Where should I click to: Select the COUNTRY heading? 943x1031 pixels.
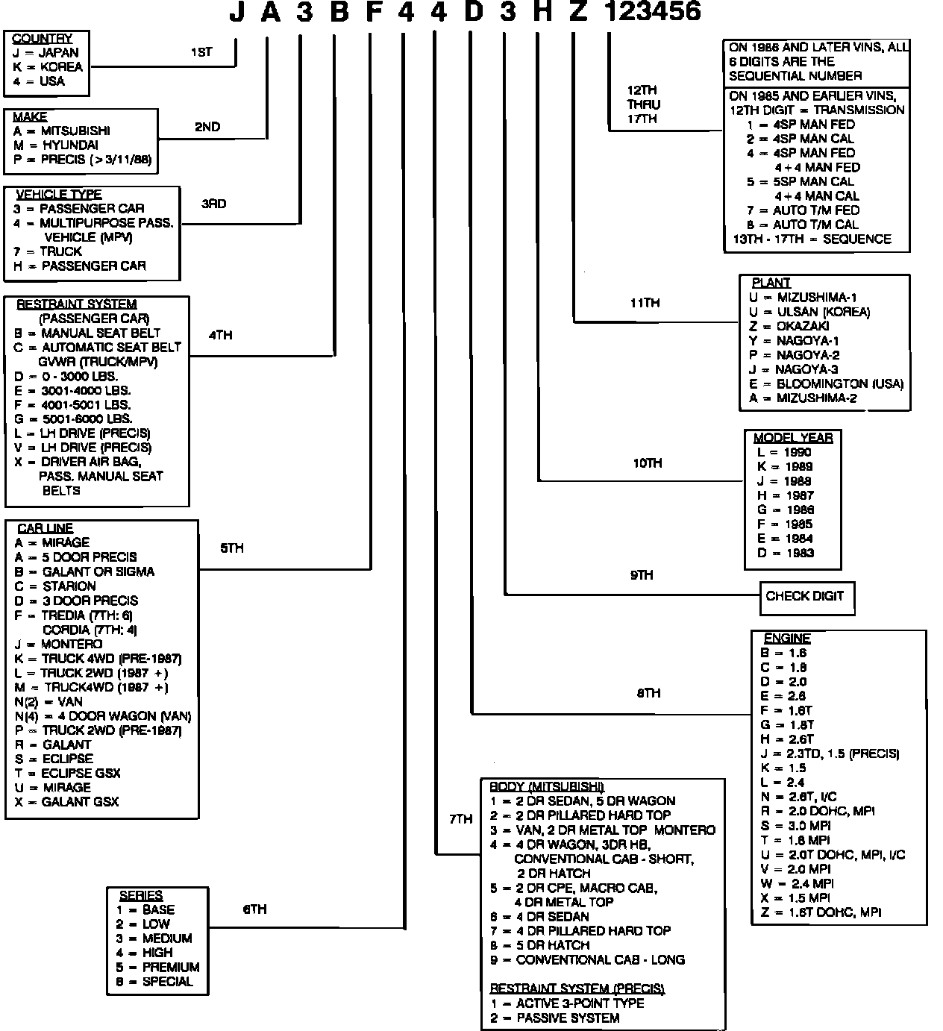pyautogui.click(x=43, y=39)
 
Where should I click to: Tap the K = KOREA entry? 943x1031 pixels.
pyautogui.click(x=48, y=67)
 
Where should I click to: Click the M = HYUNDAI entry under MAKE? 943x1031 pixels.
pyautogui.click(x=56, y=145)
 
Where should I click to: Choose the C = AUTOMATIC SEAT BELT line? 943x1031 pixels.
pyautogui.click(x=97, y=348)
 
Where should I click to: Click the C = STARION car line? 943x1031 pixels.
pyautogui.click(x=55, y=586)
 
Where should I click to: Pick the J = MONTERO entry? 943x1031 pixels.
pyautogui.click(x=58, y=644)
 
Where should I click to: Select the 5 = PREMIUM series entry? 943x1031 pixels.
pyautogui.click(x=157, y=968)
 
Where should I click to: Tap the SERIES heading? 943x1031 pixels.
pyautogui.click(x=141, y=895)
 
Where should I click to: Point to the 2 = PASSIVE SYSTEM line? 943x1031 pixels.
pyautogui.click(x=554, y=1018)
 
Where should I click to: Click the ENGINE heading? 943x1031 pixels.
pyautogui.click(x=787, y=639)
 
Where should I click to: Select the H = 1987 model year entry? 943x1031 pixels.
pyautogui.click(x=785, y=495)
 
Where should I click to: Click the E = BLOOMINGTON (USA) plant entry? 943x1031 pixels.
pyautogui.click(x=826, y=383)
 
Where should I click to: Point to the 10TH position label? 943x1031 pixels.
pyautogui.click(x=647, y=463)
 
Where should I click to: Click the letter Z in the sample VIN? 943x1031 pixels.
pyautogui.click(x=578, y=11)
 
